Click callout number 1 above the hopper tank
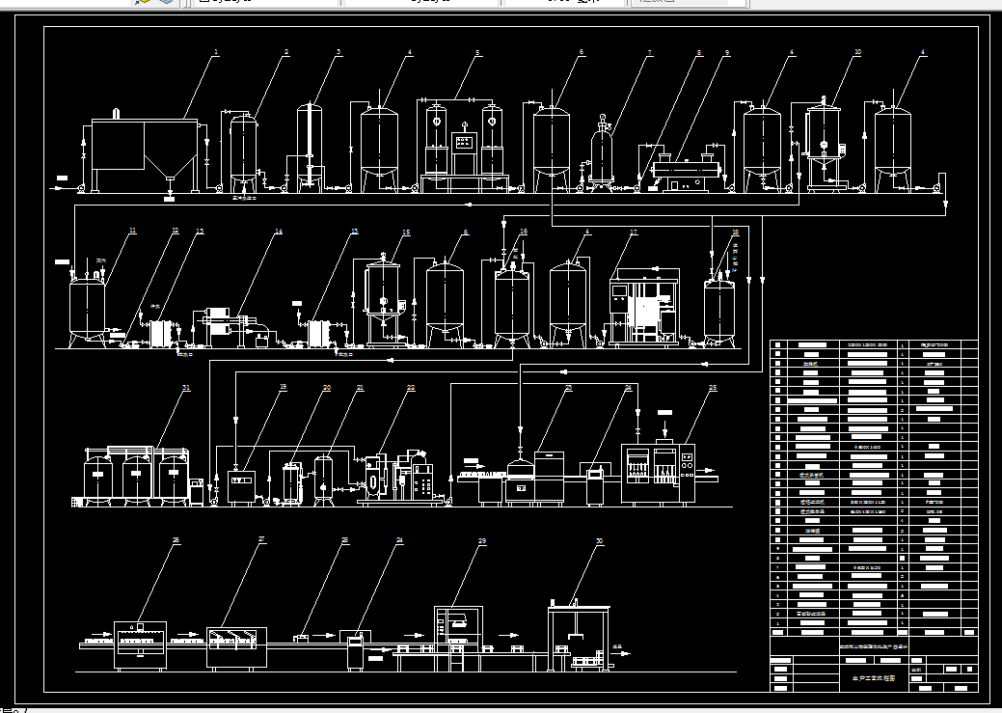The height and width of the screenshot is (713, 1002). pyautogui.click(x=217, y=51)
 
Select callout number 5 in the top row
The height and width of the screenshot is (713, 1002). pyautogui.click(x=477, y=52)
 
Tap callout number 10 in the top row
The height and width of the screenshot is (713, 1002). pyautogui.click(x=857, y=52)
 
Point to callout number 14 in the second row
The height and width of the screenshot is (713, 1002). pyautogui.click(x=279, y=232)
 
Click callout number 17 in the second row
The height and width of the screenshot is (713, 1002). pyautogui.click(x=634, y=232)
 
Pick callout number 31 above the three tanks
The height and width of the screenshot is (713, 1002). pyautogui.click(x=186, y=388)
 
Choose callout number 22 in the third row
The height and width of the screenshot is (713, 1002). pyautogui.click(x=411, y=388)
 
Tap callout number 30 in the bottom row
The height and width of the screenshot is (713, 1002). pyautogui.click(x=599, y=541)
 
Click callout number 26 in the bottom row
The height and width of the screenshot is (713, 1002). pyautogui.click(x=176, y=541)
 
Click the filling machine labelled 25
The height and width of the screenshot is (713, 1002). pyautogui.click(x=659, y=473)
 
